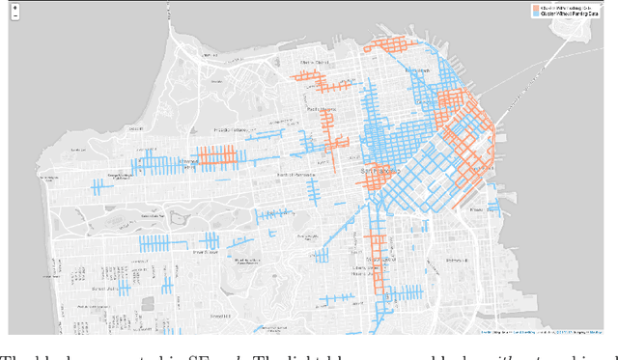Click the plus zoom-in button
14,9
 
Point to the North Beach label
418,71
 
